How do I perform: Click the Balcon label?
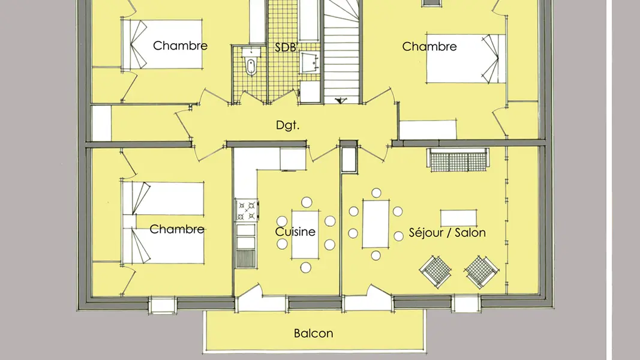[313, 334]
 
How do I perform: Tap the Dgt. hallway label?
[287, 125]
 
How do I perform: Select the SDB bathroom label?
[285, 47]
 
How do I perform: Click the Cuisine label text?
[295, 232]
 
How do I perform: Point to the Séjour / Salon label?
[447, 233]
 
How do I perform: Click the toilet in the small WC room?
[251, 66]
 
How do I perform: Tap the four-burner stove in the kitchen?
[247, 211]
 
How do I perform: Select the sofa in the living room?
[458, 160]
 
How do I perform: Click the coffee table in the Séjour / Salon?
[458, 218]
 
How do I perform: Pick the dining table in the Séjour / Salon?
[375, 224]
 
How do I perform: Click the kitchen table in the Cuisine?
[305, 234]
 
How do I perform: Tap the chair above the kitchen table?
[307, 202]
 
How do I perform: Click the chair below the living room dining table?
[375, 256]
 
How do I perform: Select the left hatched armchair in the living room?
[435, 271]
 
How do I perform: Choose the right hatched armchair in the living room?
[482, 271]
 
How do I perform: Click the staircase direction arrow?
[340, 100]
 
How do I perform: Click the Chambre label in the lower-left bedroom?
[177, 229]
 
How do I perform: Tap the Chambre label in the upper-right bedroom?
[429, 47]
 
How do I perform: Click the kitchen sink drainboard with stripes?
[246, 259]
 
